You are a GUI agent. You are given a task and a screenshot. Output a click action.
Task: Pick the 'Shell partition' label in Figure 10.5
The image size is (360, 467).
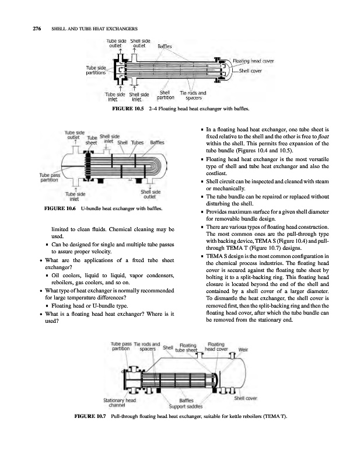pyautogui.click(x=165, y=95)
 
